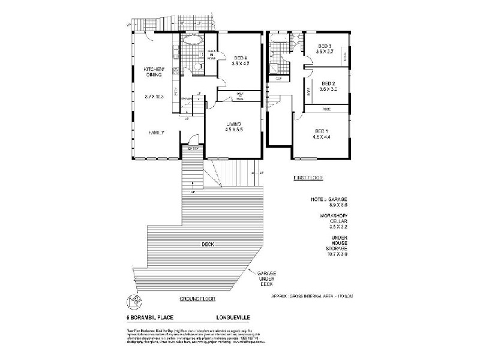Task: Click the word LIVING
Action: [233, 124]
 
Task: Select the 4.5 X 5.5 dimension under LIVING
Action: [233, 130]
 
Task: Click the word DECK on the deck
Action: [208, 244]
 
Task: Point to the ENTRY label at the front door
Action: [193, 148]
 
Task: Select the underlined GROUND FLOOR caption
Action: [197, 298]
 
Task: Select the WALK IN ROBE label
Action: [212, 55]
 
